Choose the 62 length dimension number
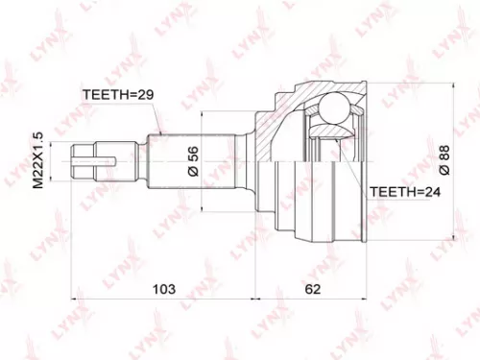tap(313, 286)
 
